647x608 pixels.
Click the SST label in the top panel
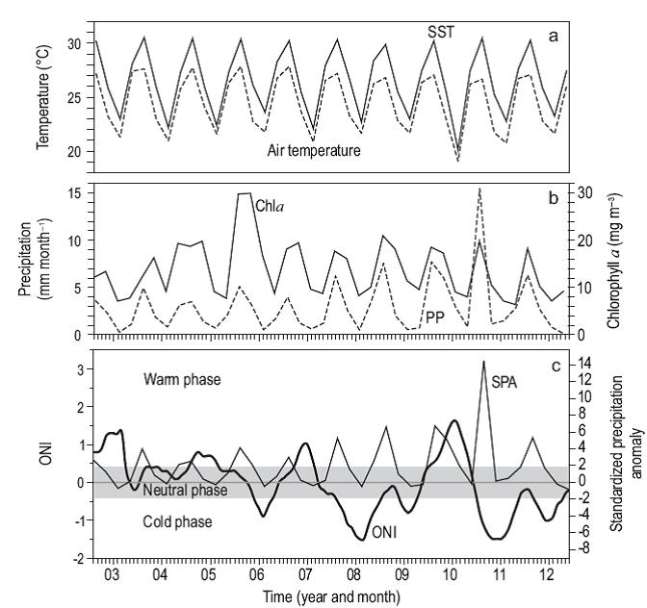point(441,32)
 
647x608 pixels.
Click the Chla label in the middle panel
point(270,205)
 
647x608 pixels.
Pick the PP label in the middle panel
point(436,315)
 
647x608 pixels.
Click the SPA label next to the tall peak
point(506,382)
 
